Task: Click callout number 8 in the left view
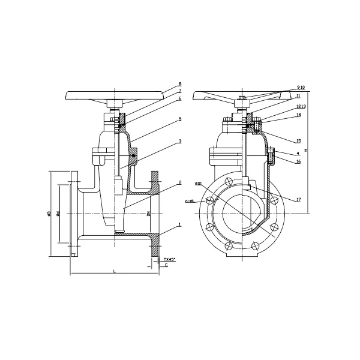pyautogui.click(x=179, y=85)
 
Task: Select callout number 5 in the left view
pyautogui.click(x=179, y=119)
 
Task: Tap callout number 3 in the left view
pyautogui.click(x=179, y=142)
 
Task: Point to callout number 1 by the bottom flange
pyautogui.click(x=179, y=224)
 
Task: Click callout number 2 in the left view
pyautogui.click(x=179, y=182)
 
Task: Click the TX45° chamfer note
pyautogui.click(x=170, y=259)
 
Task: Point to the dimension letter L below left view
pyautogui.click(x=114, y=272)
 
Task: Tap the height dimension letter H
pyautogui.click(x=306, y=150)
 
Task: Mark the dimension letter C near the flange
pyautogui.click(x=166, y=265)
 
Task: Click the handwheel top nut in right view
pyautogui.click(x=241, y=98)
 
